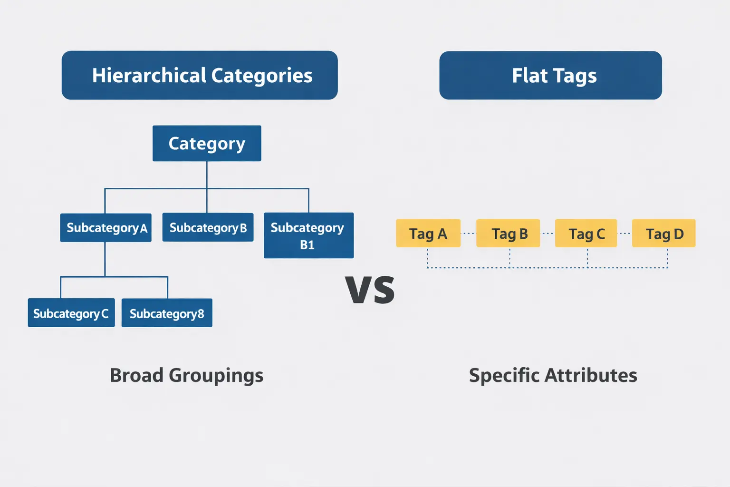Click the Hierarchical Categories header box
pos(200,75)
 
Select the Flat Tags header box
pos(550,75)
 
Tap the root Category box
pos(207,143)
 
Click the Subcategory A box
pos(106,228)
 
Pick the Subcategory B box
pos(208,227)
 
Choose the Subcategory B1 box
pos(308,235)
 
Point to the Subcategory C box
pos(71,313)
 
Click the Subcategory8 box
pos(167,313)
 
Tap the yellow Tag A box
pos(428,233)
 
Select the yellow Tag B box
pos(508,233)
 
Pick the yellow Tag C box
pos(586,233)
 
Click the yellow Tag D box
pos(663,233)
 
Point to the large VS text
pos(370,290)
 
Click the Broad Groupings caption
pos(186,375)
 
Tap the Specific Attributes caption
pos(553,375)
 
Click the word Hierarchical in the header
pos(149,75)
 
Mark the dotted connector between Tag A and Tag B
pos(469,234)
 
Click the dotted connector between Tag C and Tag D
pos(624,234)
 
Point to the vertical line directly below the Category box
pos(207,175)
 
